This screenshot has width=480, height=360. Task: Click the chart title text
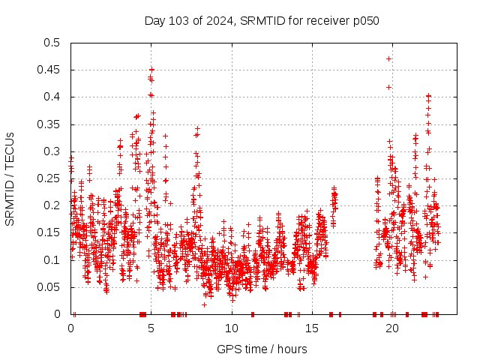pyautogui.click(x=262, y=20)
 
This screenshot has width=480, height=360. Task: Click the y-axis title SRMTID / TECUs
pyautogui.click(x=10, y=178)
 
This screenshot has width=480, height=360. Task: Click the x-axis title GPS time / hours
pyautogui.click(x=262, y=349)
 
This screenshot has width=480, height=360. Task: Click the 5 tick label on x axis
pyautogui.click(x=151, y=328)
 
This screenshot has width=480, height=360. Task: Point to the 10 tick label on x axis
pyautogui.click(x=232, y=328)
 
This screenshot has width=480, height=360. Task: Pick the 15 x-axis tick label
pyautogui.click(x=312, y=328)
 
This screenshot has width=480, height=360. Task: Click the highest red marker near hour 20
pyautogui.click(x=388, y=58)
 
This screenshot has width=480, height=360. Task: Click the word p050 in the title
pyautogui.click(x=364, y=20)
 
